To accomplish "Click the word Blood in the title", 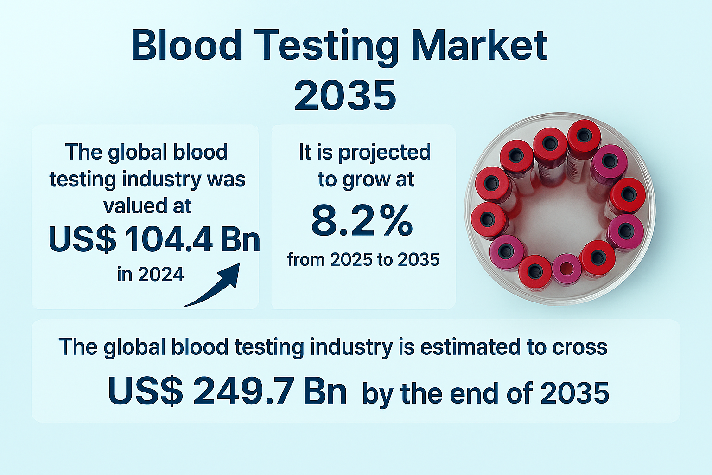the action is [x=187, y=45].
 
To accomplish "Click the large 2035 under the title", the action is [x=345, y=95].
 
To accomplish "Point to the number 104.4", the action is [x=168, y=239].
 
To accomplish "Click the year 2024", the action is [x=161, y=274].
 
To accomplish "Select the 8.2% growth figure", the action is [x=362, y=220].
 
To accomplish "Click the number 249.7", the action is [x=244, y=391].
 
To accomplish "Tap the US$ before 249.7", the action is [x=146, y=391].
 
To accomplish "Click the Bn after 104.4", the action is [x=240, y=239].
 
